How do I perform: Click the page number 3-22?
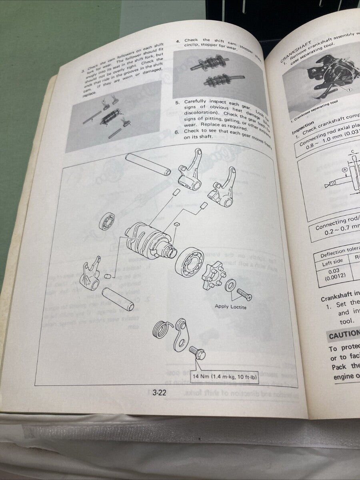[159, 393]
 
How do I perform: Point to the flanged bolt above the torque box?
[198, 354]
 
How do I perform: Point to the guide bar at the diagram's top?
[148, 164]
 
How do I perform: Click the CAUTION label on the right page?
[344, 335]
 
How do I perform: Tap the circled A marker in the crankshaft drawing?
[333, 169]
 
